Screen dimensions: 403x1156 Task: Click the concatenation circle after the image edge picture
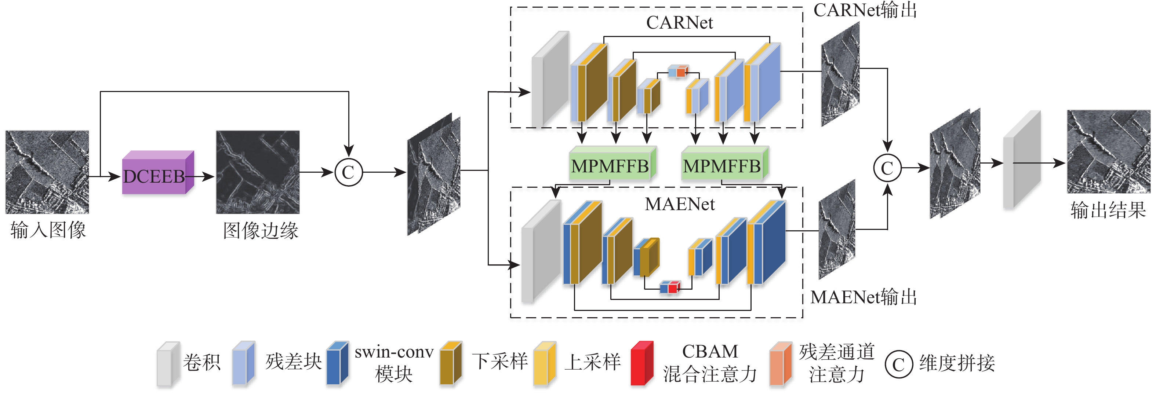[x=348, y=172]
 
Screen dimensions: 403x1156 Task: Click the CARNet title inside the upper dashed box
[x=679, y=23]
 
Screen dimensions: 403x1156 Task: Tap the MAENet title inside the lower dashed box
[x=679, y=204]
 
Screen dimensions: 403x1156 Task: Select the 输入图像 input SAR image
[x=47, y=172]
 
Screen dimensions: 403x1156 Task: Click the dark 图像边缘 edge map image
[x=258, y=172]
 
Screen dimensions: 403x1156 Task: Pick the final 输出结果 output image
[x=1108, y=151]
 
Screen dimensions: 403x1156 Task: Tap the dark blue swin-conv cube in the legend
[x=337, y=364]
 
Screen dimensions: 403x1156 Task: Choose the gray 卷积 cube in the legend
[x=168, y=364]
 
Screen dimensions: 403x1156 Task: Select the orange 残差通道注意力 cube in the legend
[x=780, y=364]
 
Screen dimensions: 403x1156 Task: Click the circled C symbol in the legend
[x=898, y=364]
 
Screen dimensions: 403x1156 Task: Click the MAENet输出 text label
[x=863, y=297]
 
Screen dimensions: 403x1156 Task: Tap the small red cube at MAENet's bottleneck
[x=673, y=287]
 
